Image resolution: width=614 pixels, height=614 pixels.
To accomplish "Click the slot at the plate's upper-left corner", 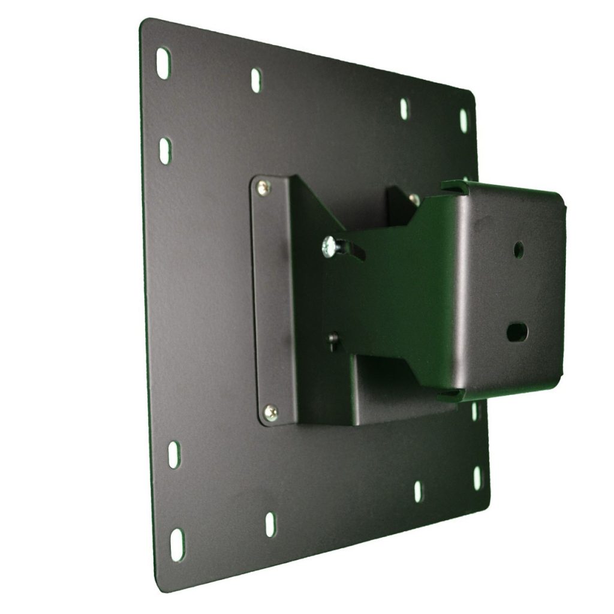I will coord(163,62).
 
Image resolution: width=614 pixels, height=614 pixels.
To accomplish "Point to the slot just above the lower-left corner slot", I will coord(174,456).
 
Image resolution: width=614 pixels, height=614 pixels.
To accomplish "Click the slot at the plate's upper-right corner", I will coord(463,120).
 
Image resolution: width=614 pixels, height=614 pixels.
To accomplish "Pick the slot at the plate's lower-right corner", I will coord(478,478).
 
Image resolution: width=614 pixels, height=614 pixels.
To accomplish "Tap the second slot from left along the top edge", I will coord(256,80).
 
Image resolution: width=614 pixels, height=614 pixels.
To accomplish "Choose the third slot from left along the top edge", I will coord(404,108).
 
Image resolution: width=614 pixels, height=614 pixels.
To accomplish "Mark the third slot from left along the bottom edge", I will coord(418,491).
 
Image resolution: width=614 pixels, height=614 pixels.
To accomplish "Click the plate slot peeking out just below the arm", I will coord(474,411).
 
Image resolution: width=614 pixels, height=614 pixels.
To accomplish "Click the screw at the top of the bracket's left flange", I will coord(264,188).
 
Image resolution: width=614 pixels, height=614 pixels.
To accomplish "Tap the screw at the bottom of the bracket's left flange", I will coord(271,411).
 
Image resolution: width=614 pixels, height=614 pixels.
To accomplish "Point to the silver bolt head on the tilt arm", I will coord(329,246).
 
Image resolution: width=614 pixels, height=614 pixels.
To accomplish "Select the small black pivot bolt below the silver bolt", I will coord(333,339).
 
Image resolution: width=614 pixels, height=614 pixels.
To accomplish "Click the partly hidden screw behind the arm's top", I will coord(413,198).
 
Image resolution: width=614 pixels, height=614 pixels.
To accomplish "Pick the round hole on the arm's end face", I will coord(518,249).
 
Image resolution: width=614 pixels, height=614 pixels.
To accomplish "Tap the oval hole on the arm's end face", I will coord(516,331).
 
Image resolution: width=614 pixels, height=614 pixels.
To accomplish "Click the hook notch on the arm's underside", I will coord(450,395).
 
